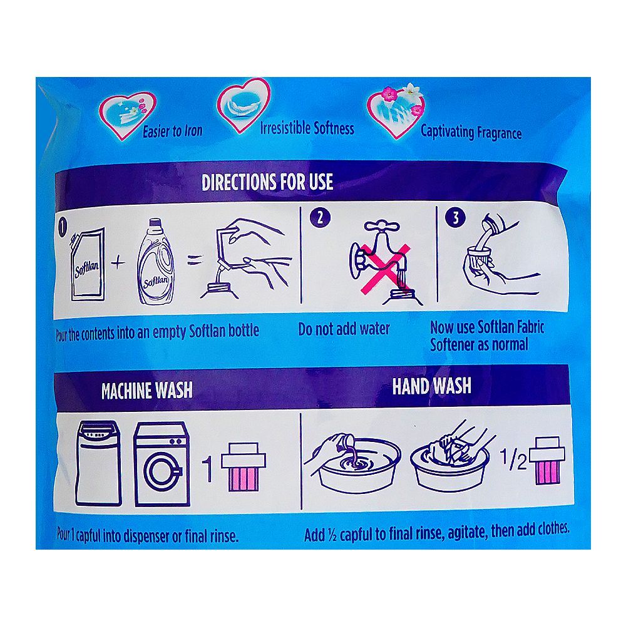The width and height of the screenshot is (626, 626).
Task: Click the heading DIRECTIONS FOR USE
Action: [267, 182]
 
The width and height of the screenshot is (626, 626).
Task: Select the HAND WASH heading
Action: [431, 386]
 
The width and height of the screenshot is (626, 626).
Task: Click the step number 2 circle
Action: [320, 218]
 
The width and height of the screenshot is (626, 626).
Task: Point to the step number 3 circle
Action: [455, 218]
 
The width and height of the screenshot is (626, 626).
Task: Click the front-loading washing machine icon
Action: [162, 463]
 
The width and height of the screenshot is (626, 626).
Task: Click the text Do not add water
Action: [344, 329]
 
